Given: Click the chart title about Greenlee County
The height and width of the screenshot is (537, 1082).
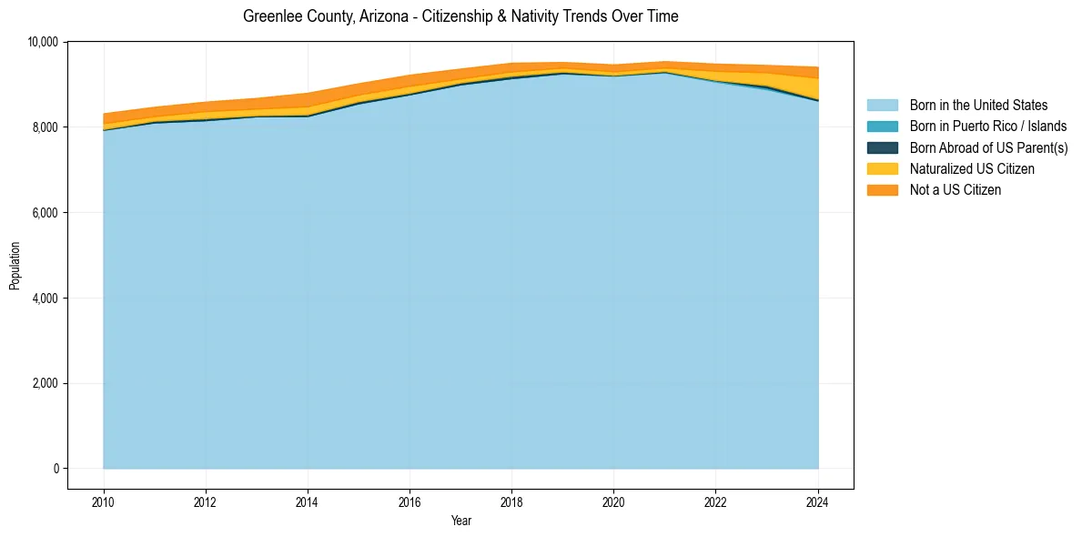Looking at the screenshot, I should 460,16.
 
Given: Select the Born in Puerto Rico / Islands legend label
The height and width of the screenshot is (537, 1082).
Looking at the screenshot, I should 988,127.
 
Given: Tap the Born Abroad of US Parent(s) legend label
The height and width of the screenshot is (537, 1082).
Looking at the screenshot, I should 988,147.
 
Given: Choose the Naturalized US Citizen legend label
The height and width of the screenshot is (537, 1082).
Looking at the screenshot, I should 972,169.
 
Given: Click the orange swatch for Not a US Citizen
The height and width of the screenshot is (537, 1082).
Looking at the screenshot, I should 882,190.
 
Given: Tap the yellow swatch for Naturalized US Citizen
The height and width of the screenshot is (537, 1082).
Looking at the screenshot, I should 882,169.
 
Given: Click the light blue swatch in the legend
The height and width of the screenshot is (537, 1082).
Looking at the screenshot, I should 882,106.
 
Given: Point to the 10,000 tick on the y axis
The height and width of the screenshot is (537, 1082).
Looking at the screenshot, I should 42,42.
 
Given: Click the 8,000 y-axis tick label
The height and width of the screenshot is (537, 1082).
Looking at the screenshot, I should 45,127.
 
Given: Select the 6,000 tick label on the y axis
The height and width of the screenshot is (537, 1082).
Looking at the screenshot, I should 45,213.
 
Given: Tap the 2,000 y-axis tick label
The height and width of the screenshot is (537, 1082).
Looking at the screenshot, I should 45,383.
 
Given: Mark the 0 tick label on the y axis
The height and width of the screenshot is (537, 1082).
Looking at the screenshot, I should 56,469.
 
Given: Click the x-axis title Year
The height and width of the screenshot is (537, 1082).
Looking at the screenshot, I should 460,521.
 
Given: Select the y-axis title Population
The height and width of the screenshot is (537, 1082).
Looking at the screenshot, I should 15,265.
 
